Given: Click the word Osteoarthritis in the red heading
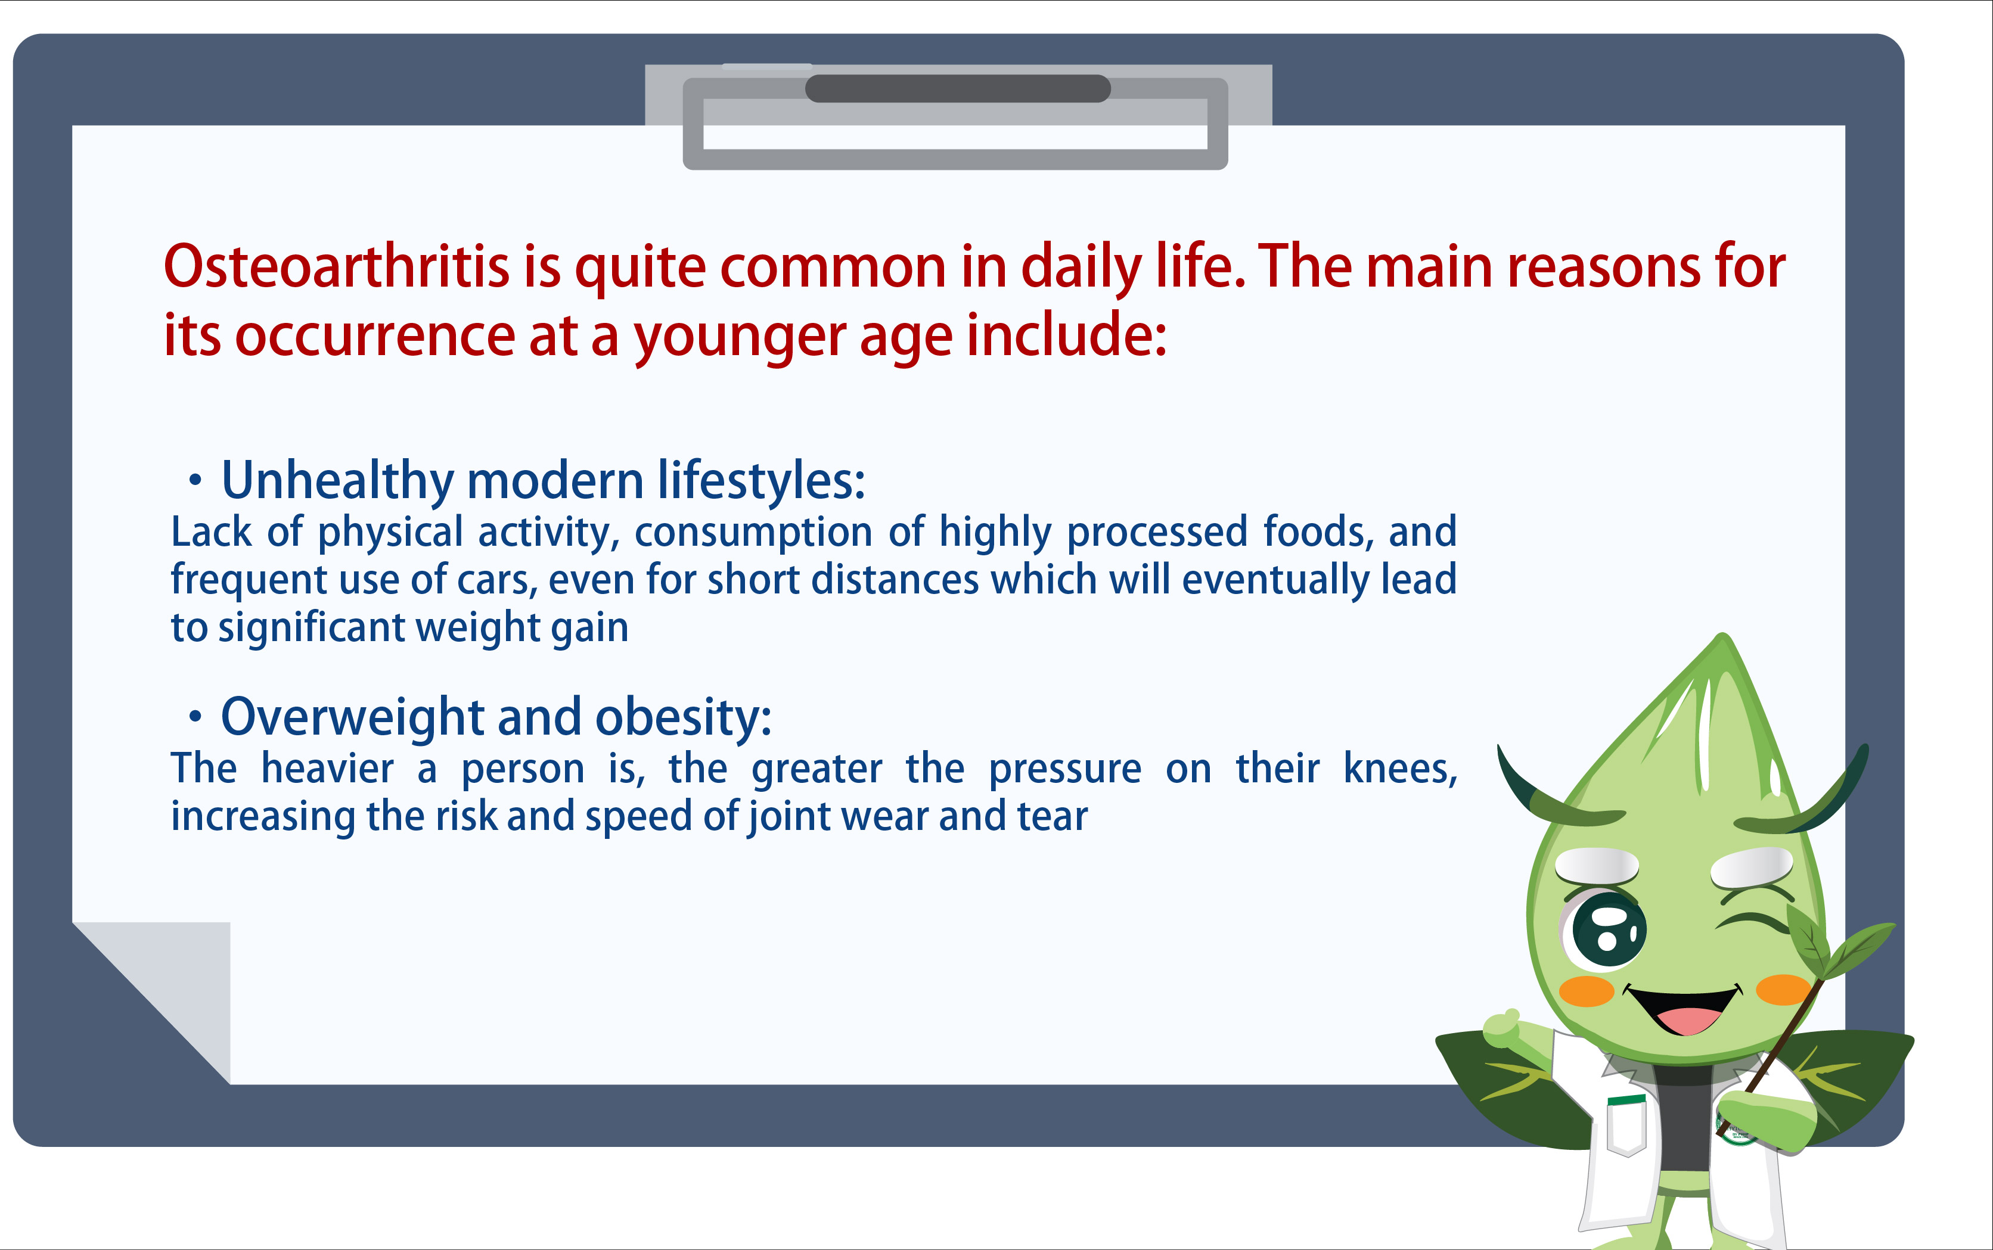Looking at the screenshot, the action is pos(337,266).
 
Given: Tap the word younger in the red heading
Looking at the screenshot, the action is pos(740,338).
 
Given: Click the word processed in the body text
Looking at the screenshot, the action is pos(1157,533).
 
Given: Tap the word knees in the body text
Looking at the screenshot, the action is pos(1400,769).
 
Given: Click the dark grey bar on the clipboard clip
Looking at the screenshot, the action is pos(958,88).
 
